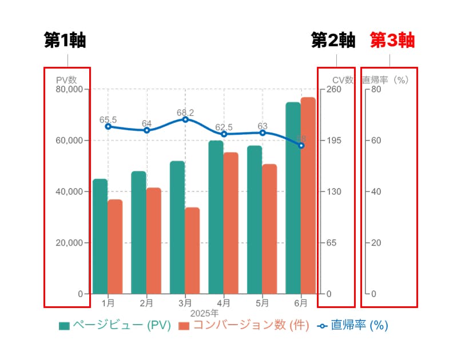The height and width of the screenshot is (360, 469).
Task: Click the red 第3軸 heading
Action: pyautogui.click(x=392, y=41)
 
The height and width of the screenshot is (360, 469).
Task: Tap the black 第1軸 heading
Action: pyautogui.click(x=68, y=41)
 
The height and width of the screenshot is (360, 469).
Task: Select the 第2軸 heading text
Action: pyautogui.click(x=333, y=41)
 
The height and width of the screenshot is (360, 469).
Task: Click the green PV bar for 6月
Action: pyautogui.click(x=293, y=198)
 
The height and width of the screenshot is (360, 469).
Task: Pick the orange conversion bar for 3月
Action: pyautogui.click(x=192, y=250)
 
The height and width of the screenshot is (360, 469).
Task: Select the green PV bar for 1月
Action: pyautogui.click(x=100, y=236)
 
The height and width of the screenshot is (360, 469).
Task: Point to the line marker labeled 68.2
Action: pyautogui.click(x=185, y=119)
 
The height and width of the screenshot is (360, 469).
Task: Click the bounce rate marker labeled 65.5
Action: pyautogui.click(x=108, y=126)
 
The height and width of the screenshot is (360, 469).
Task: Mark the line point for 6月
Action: pyautogui.click(x=301, y=146)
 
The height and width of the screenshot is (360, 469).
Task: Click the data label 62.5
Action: pyautogui.click(x=224, y=127)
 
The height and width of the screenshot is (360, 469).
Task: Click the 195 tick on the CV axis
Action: pyautogui.click(x=334, y=141)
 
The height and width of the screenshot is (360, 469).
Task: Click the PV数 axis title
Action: pyautogui.click(x=66, y=80)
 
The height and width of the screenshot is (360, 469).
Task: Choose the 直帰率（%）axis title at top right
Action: pyautogui.click(x=386, y=80)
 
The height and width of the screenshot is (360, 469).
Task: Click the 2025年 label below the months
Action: pyautogui.click(x=204, y=313)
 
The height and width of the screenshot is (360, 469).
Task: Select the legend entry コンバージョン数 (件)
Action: pyautogui.click(x=244, y=325)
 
